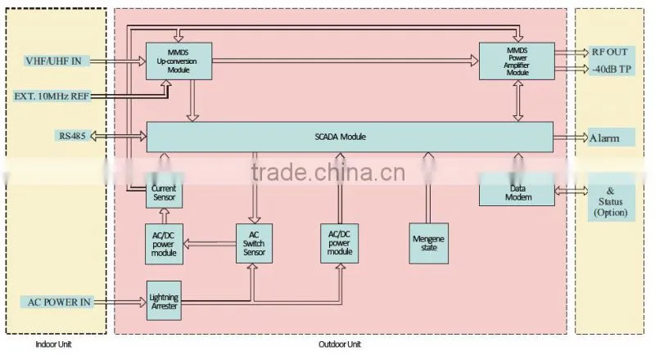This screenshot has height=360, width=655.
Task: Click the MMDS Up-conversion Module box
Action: click(x=178, y=61)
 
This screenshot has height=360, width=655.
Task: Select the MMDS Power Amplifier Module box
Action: click(x=517, y=61)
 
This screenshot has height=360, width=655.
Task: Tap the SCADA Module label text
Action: click(x=340, y=137)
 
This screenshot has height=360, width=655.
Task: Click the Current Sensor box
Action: click(x=165, y=193)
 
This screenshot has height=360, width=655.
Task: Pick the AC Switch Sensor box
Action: click(x=254, y=244)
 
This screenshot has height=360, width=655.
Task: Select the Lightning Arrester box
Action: click(x=165, y=301)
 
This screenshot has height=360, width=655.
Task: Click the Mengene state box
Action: click(x=428, y=244)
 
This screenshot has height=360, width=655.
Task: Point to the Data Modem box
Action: click(x=517, y=193)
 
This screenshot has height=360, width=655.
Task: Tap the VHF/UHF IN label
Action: click(x=53, y=61)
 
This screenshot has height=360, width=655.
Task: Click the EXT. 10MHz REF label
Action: click(x=52, y=96)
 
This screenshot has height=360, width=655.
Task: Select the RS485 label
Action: click(x=72, y=136)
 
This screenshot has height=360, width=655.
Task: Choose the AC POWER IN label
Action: click(x=59, y=302)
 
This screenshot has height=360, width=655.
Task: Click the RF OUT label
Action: click(x=609, y=52)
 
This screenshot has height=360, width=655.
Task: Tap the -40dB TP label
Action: click(x=611, y=70)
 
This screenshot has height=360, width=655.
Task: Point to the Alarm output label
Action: click(x=604, y=137)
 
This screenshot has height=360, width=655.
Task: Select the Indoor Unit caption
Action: click(x=53, y=344)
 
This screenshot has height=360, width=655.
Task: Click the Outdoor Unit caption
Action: click(x=340, y=344)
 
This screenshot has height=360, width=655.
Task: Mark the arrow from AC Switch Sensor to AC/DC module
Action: click(x=210, y=244)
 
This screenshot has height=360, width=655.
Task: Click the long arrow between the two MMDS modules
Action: click(x=346, y=61)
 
